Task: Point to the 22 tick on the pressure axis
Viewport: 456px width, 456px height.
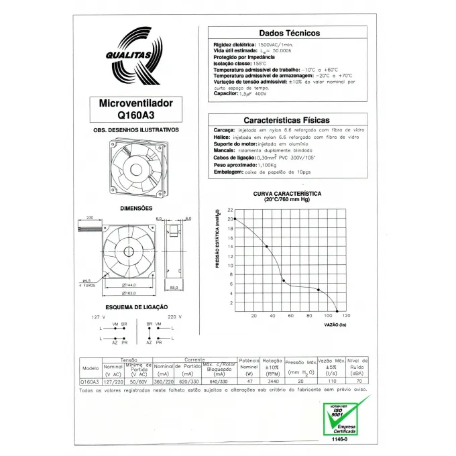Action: (230, 210)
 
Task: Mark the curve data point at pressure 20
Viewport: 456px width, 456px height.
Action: (235, 219)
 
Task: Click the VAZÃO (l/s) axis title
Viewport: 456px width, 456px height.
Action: (335, 325)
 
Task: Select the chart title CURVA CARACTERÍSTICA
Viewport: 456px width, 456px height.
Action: (286, 193)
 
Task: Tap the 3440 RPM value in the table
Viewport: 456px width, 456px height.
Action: (272, 382)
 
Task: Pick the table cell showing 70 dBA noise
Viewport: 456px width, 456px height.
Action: (358, 382)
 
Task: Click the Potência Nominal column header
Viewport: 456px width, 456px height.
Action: (249, 364)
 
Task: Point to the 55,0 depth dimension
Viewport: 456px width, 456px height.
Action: (174, 288)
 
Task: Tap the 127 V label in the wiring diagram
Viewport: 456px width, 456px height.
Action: (99, 316)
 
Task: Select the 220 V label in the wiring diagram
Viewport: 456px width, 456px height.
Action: (174, 316)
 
